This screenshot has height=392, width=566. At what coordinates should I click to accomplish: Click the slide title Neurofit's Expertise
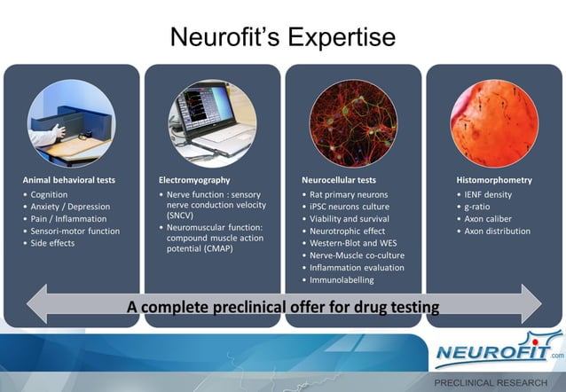click(282, 38)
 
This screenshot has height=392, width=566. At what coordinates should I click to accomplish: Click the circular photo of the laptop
click(213, 123)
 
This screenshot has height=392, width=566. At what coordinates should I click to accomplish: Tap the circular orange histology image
click(494, 123)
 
